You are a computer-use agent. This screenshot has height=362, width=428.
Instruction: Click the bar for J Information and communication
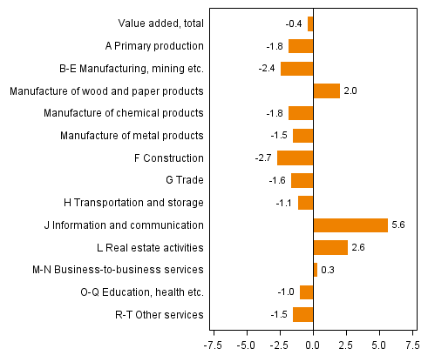(350, 225)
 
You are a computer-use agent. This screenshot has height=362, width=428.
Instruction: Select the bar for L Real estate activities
(330, 248)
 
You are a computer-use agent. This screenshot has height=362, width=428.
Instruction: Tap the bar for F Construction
(295, 158)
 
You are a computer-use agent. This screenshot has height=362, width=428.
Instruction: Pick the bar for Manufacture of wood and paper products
(326, 90)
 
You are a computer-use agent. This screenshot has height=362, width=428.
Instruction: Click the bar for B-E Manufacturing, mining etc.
(296, 69)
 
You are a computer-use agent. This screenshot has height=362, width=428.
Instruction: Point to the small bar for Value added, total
(310, 24)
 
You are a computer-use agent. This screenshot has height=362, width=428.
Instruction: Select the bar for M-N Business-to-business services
(315, 270)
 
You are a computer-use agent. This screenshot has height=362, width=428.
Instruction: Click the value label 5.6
(399, 225)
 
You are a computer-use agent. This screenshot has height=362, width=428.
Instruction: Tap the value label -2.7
(264, 158)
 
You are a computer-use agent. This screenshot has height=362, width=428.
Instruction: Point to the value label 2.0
(350, 90)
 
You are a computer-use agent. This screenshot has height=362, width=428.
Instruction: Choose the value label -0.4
(295, 24)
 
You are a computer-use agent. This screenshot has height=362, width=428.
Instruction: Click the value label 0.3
(328, 270)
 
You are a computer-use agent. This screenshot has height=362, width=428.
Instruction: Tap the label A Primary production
(153, 46)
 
